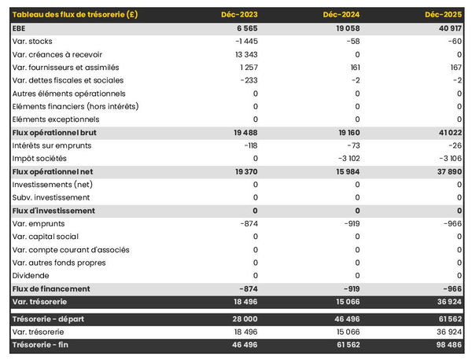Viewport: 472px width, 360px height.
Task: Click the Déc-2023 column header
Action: [241, 15]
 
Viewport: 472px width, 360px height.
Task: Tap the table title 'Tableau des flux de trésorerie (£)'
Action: [76, 15]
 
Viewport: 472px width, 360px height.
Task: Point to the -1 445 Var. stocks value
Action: [246, 41]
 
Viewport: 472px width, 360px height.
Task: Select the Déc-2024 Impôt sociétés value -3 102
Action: [345, 159]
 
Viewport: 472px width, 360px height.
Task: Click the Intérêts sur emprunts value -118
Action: [250, 145]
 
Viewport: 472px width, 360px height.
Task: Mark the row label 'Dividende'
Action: [31, 276]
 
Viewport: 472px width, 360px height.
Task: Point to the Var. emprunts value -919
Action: [350, 224]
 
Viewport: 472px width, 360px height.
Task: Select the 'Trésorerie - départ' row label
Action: [49, 318]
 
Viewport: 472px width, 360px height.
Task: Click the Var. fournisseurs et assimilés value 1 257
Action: [248, 67]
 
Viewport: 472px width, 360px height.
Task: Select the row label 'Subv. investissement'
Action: [52, 197]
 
